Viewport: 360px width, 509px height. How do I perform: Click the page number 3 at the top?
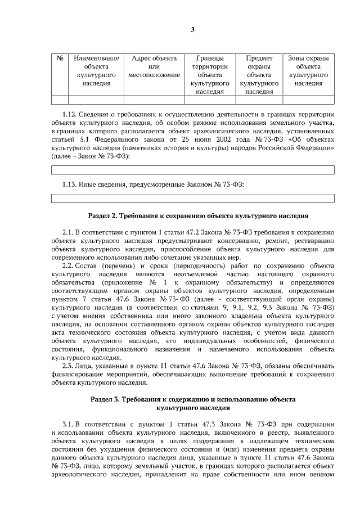(192, 30)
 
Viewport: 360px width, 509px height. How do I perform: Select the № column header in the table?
(60, 58)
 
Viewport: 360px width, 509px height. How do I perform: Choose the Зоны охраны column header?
(308, 70)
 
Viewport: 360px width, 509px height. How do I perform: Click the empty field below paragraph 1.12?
(192, 169)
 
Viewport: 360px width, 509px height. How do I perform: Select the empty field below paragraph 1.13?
(192, 198)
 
